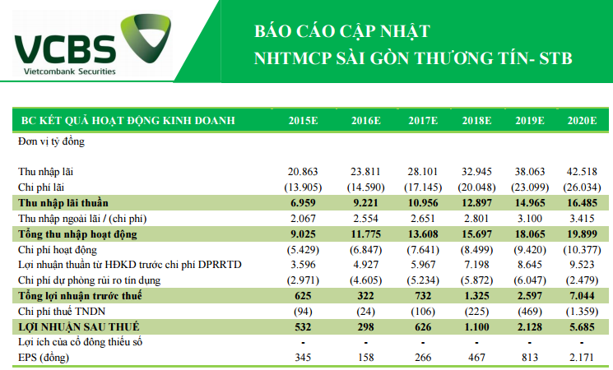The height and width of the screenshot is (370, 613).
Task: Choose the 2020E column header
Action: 581,121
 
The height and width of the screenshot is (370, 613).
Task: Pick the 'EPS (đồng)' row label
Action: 44,358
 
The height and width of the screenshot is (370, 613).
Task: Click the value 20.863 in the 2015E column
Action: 301,172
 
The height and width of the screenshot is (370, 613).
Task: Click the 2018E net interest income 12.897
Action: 476,202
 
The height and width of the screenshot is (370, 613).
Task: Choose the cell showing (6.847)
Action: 364,249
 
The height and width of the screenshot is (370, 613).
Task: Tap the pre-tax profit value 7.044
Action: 583,296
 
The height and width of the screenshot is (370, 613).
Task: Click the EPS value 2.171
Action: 583,358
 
